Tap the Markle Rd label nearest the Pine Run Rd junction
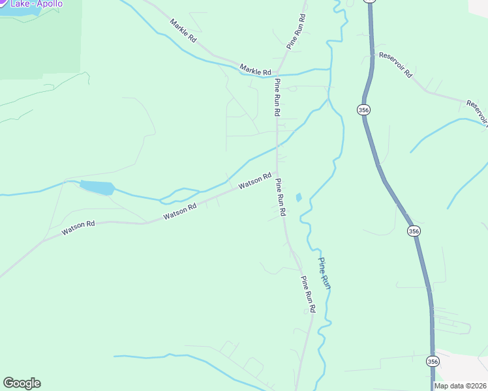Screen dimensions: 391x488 click(x=255, y=69)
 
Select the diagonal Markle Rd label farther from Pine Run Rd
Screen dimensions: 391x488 click(x=183, y=31)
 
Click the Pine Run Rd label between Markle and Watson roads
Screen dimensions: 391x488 click(x=277, y=98)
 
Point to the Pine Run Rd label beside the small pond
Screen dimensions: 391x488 click(x=281, y=197)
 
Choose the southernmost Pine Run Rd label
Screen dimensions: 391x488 click(x=308, y=294)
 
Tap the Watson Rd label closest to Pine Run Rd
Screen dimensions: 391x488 click(x=254, y=181)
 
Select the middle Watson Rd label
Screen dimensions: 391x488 click(x=180, y=211)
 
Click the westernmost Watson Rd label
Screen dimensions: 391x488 click(x=78, y=227)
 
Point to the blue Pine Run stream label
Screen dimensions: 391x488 click(x=324, y=273)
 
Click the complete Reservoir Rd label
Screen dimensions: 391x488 click(x=395, y=64)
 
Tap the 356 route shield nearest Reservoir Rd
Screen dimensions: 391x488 click(x=363, y=110)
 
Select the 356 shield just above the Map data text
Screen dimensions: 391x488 click(x=433, y=361)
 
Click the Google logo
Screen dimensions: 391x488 click(x=22, y=383)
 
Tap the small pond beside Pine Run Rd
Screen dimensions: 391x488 click(x=299, y=197)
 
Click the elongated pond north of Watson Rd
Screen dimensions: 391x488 click(x=97, y=188)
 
